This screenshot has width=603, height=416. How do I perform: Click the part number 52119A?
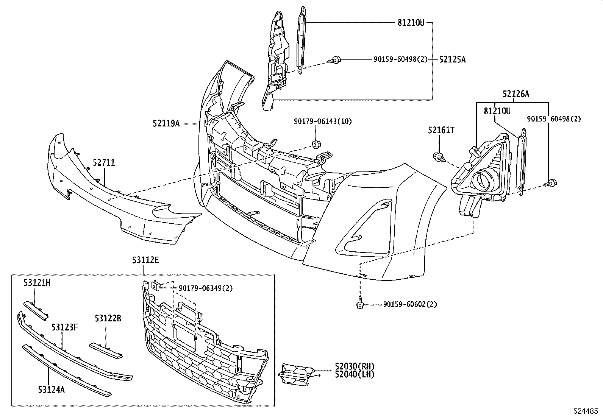(x=166, y=123)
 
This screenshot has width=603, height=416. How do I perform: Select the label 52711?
(x=104, y=163)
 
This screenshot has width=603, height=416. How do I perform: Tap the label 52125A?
(x=452, y=59)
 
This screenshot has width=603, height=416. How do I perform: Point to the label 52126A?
(x=516, y=95)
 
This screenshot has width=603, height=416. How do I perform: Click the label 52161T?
(x=441, y=130)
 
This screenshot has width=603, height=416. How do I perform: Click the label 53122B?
(x=108, y=318)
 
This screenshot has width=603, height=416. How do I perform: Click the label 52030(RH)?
(x=355, y=366)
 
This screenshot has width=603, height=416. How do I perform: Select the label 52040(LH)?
(x=355, y=374)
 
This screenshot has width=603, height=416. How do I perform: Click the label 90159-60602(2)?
(x=410, y=304)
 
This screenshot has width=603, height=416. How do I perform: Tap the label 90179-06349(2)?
(x=206, y=288)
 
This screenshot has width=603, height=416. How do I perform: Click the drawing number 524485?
(x=587, y=411)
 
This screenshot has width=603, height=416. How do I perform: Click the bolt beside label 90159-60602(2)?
(x=360, y=304)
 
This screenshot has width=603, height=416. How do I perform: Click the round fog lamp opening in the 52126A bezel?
(x=483, y=180)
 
